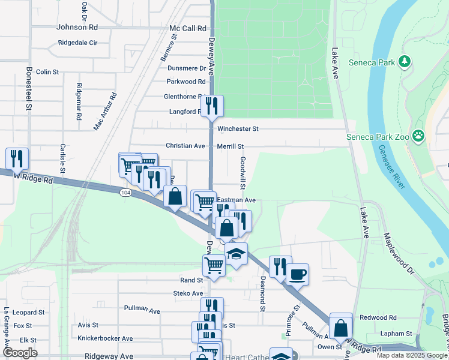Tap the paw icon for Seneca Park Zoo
(x=418, y=137)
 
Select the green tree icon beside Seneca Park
(x=405, y=61)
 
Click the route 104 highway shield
(x=125, y=192)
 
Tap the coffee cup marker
(x=297, y=275)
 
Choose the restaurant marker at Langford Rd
(x=212, y=106)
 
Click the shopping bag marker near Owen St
(x=341, y=328)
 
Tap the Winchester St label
(x=238, y=129)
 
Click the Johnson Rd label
(x=77, y=28)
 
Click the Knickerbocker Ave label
(x=105, y=338)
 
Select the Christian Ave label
(x=185, y=146)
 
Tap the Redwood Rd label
(x=378, y=317)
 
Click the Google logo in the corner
(x=20, y=353)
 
